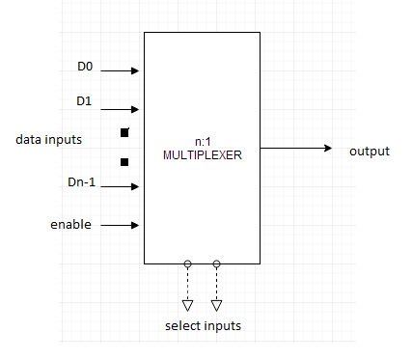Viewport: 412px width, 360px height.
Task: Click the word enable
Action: click(70, 225)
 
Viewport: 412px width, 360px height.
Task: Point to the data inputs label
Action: click(48, 140)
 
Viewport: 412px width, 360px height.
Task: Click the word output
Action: click(370, 151)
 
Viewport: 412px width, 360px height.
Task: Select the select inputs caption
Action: click(203, 325)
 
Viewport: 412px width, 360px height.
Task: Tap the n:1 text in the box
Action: click(201, 142)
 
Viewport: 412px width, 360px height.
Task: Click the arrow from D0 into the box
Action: click(121, 70)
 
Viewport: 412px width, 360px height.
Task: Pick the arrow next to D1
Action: click(121, 109)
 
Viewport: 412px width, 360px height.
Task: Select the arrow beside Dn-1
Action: click(121, 187)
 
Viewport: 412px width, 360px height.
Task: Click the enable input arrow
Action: click(121, 226)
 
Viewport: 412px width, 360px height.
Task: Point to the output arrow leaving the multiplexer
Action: click(296, 149)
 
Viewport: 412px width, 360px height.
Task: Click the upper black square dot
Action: click(124, 131)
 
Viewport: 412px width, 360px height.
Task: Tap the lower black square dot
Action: click(124, 162)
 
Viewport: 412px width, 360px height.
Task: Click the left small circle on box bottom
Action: click(187, 263)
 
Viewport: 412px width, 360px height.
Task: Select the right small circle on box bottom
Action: click(216, 263)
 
